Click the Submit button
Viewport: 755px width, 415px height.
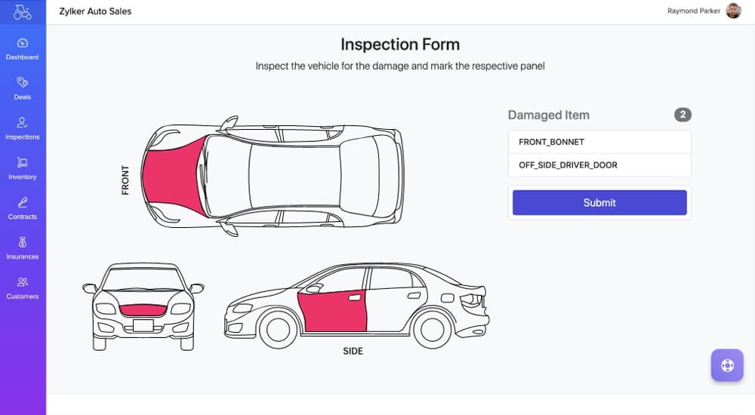pyautogui.click(x=599, y=202)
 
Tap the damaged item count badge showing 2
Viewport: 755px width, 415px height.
pyautogui.click(x=683, y=115)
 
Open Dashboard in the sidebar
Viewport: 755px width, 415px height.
pyautogui.click(x=23, y=49)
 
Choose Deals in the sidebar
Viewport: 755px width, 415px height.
pyautogui.click(x=23, y=88)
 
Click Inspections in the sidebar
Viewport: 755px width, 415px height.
pyautogui.click(x=23, y=128)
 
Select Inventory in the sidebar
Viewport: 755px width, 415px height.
pyautogui.click(x=23, y=168)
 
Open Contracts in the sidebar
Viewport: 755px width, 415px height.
pyautogui.click(x=23, y=208)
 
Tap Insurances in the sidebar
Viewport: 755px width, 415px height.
pyautogui.click(x=23, y=248)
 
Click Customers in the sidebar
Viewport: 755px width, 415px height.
pyautogui.click(x=23, y=288)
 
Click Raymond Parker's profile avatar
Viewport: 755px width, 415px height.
pyautogui.click(x=733, y=11)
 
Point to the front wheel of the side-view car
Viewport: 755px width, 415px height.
pyautogui.click(x=278, y=330)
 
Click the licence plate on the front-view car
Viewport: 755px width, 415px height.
pyautogui.click(x=143, y=326)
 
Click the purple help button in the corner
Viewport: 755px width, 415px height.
pyautogui.click(x=727, y=365)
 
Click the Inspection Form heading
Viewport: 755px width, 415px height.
pyautogui.click(x=399, y=45)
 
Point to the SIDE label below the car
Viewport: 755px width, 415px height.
pyautogui.click(x=353, y=351)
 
